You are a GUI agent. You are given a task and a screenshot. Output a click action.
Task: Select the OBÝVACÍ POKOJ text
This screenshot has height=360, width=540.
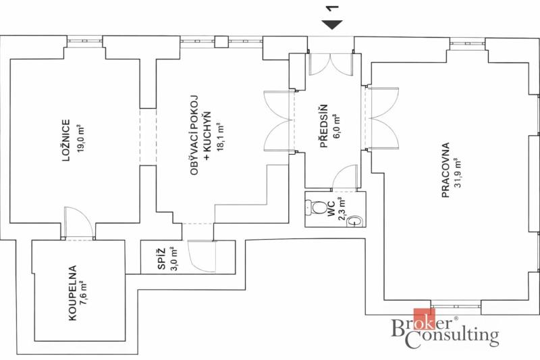tap(195, 134)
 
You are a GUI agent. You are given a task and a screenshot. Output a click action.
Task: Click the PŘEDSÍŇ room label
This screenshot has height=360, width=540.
tap(324, 126)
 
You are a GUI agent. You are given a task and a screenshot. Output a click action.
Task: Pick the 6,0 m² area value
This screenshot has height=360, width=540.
tap(336, 126)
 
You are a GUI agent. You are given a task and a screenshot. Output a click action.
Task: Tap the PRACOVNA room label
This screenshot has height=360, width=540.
tap(446, 170)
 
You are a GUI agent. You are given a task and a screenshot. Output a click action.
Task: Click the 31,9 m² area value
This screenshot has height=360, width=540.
tap(458, 173)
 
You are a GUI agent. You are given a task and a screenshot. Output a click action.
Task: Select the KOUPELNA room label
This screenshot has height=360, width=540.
tap(73, 293)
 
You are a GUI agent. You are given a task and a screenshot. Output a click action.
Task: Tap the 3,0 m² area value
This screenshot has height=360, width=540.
tap(174, 259)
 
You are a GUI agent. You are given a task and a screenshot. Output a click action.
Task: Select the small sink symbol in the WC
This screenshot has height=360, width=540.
tap(355, 221)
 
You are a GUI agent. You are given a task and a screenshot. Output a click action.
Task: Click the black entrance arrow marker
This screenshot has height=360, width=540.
tap(332, 25)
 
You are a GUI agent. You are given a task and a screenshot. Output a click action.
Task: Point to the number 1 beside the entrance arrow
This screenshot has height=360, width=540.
tap(333, 8)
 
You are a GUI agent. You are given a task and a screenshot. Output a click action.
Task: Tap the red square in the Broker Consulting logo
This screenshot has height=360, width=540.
tap(425, 319)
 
